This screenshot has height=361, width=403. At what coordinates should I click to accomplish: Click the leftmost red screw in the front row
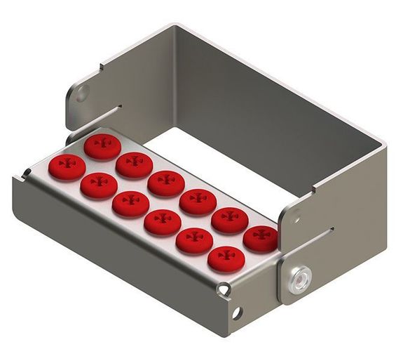coord(67,167)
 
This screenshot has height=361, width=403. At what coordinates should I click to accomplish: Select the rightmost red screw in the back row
coord(261,239)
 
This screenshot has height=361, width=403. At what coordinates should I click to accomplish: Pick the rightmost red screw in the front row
coord(226,259)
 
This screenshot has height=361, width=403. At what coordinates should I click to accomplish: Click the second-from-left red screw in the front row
coord(99,185)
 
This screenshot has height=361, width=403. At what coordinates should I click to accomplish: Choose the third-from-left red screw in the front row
coord(131,204)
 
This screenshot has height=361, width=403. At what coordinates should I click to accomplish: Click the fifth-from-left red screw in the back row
coord(229,220)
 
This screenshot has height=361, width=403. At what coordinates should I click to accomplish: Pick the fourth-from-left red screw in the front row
coord(163,223)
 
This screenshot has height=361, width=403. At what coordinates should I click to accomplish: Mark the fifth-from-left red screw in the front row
coord(194,241)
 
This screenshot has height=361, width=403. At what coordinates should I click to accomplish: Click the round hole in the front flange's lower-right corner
coord(237,312)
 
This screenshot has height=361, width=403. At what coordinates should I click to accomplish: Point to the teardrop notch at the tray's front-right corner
coord(224,287)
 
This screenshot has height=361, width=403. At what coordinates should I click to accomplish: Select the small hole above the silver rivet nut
coord(296,219)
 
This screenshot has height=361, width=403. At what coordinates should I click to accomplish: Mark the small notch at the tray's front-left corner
coord(25,171)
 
